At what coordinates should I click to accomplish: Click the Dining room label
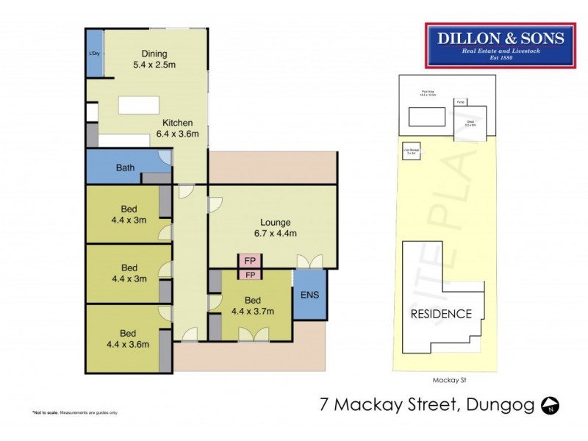[155, 59]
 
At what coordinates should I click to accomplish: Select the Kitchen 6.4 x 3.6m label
[174, 129]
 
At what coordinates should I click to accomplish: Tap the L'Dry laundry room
[94, 53]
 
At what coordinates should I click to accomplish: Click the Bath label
[125, 168]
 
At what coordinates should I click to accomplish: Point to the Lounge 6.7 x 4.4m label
[276, 228]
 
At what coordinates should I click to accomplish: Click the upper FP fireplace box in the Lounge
[249, 262]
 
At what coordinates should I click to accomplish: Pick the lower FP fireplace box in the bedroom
[249, 275]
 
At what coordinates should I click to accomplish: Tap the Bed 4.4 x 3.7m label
[253, 306]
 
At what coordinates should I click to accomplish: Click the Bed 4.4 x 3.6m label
[129, 339]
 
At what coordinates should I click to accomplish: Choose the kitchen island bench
[140, 105]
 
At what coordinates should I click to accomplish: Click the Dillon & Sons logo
[496, 45]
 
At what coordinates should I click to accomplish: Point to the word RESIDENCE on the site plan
[441, 314]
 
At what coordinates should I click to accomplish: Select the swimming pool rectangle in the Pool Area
[426, 117]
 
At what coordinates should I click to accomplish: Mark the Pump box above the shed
[460, 102]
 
